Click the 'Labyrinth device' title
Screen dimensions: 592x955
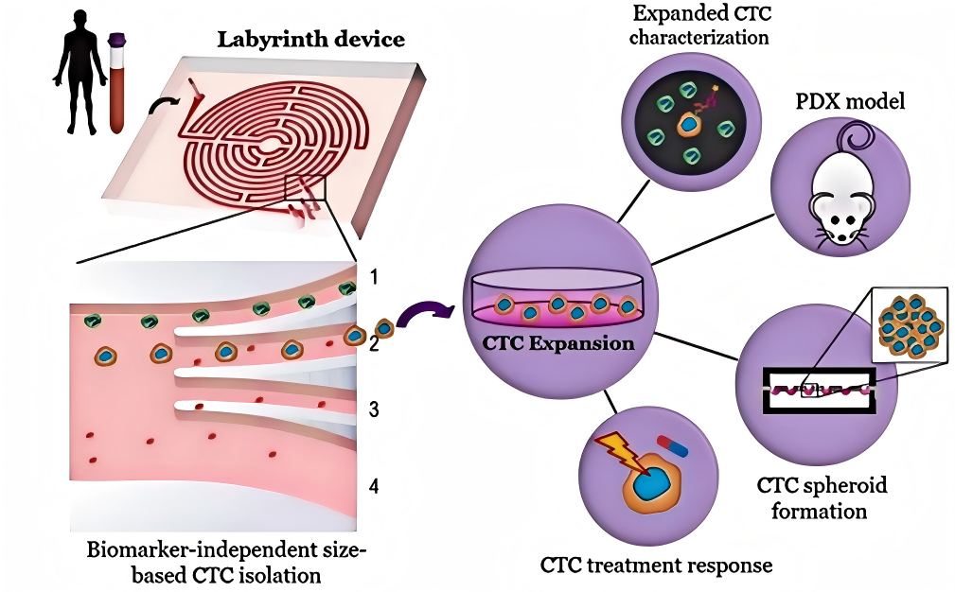tap(311, 40)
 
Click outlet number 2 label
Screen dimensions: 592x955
tap(375, 344)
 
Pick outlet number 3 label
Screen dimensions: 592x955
tap(375, 410)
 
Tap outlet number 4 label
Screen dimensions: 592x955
tap(375, 487)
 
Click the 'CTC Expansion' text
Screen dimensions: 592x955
tap(559, 343)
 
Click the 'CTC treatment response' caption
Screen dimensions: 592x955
tap(657, 566)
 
